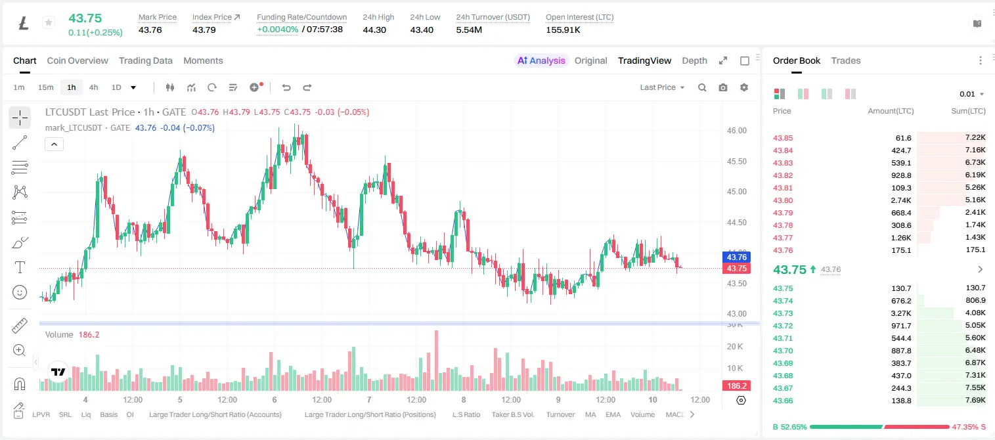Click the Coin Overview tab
point(77,60)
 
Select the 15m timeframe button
point(45,87)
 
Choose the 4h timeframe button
point(93,87)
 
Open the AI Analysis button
point(541,60)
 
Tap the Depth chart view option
point(694,60)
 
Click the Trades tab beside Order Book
point(846,60)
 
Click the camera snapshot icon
point(723,87)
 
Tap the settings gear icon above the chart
point(744,87)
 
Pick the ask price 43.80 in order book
point(783,200)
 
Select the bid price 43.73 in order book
point(783,313)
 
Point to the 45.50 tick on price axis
point(736,161)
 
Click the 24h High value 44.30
point(374,30)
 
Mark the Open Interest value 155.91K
point(563,30)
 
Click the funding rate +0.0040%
point(278,30)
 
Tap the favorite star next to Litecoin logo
point(49,22)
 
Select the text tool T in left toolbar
point(20,267)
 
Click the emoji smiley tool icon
point(20,292)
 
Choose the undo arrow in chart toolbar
point(286,87)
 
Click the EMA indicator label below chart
point(613,414)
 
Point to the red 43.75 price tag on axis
point(736,268)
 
